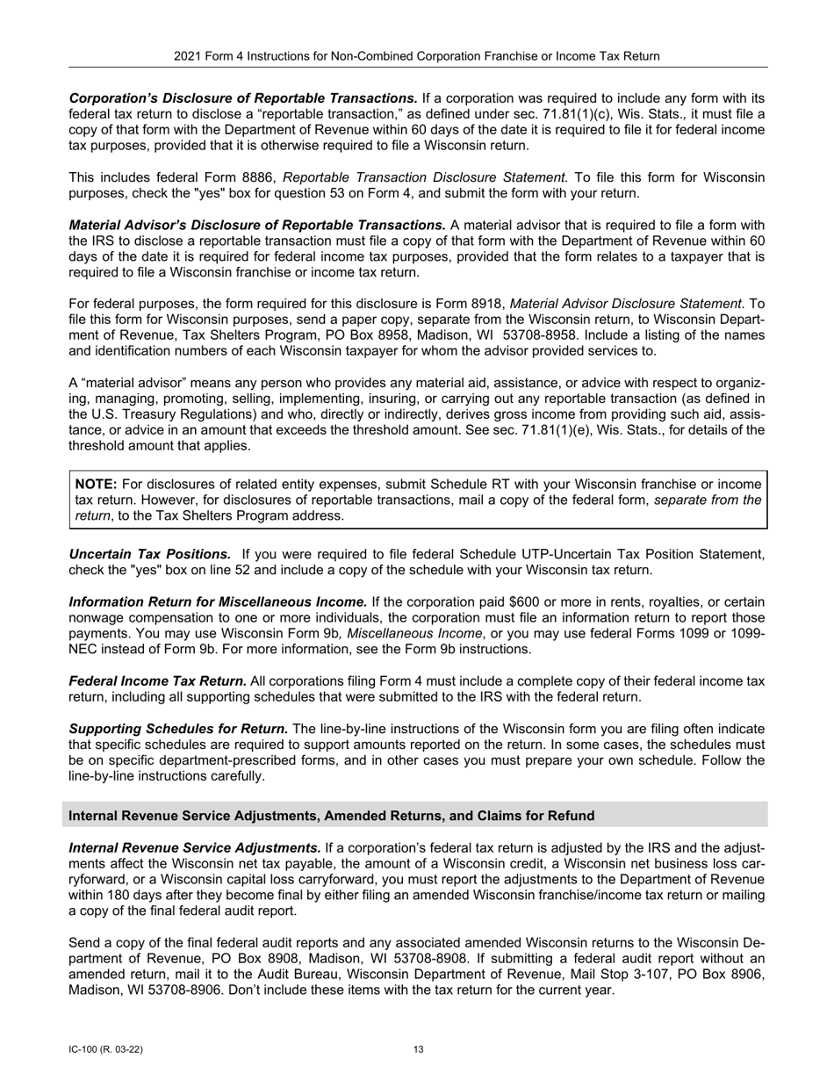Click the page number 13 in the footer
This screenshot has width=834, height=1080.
click(x=418, y=1049)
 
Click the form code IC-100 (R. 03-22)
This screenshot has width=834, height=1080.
click(x=105, y=1049)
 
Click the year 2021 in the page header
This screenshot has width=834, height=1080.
click(x=188, y=56)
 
